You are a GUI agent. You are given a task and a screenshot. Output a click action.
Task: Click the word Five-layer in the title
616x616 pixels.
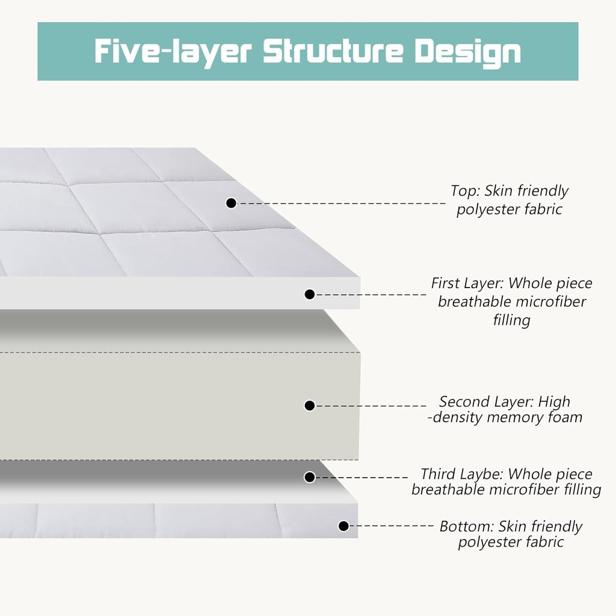(173, 52)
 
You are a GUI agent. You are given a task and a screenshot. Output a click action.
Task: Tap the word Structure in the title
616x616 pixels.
(333, 51)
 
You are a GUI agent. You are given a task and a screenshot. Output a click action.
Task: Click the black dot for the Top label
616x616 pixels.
(231, 203)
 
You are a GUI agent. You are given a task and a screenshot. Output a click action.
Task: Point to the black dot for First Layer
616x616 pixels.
(310, 294)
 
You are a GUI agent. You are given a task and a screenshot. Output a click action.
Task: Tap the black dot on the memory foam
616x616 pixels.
(310, 405)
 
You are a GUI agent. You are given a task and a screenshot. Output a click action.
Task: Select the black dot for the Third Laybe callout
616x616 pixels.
(310, 477)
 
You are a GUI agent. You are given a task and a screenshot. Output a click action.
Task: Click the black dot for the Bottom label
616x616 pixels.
(343, 526)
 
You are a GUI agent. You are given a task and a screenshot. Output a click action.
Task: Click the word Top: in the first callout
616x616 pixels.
(465, 191)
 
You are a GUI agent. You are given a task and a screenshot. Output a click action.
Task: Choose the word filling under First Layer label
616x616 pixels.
(511, 320)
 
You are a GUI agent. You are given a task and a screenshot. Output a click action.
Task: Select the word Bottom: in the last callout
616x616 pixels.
(467, 526)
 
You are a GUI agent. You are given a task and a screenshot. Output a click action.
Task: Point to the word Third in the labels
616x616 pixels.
(437, 474)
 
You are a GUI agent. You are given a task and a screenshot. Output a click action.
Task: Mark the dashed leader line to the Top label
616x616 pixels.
(342, 203)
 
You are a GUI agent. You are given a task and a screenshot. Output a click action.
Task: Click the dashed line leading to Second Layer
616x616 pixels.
(371, 406)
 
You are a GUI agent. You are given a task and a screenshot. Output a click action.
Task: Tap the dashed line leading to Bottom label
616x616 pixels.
(392, 526)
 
